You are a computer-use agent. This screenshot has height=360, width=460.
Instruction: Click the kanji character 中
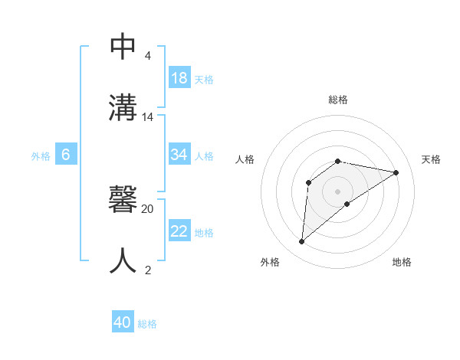click(123, 47)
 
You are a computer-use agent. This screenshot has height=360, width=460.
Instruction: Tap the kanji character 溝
click(123, 107)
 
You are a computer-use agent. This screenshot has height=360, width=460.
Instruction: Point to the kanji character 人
click(123, 260)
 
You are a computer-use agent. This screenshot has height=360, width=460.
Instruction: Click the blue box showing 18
click(179, 77)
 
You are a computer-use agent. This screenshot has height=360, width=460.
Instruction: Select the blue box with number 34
click(179, 155)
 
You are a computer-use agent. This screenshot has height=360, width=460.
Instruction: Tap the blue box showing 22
click(179, 231)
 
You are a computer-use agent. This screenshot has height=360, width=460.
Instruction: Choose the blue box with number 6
click(66, 155)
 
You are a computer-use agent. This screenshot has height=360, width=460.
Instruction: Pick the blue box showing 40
click(123, 322)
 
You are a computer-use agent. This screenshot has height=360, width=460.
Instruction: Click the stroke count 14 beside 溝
click(148, 117)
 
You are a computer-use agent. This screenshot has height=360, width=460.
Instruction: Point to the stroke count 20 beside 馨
click(148, 208)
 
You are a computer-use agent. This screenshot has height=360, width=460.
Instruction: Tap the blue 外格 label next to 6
click(41, 155)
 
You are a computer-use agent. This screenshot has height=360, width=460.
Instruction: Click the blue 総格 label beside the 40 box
click(147, 324)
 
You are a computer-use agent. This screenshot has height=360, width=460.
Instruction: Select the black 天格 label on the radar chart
click(431, 159)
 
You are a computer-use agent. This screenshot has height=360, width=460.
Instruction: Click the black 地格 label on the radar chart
click(402, 262)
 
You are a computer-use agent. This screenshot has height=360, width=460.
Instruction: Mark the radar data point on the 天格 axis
click(396, 172)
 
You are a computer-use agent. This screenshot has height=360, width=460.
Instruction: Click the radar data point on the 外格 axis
click(301, 242)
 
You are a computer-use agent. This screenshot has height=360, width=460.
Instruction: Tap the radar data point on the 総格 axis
click(338, 161)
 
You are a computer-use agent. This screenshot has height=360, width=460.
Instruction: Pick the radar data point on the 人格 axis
click(309, 182)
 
